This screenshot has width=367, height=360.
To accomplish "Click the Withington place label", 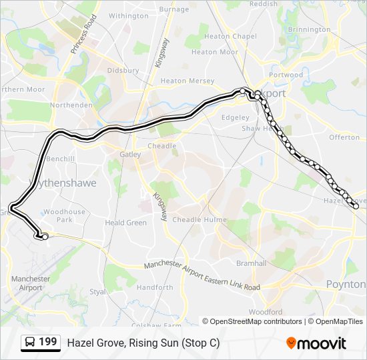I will (128, 15).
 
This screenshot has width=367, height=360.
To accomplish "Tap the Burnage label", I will (175, 9).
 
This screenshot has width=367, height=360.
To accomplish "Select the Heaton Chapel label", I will (230, 36).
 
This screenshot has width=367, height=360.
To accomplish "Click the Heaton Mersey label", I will (188, 81).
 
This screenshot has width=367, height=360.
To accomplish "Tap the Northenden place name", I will (71, 105).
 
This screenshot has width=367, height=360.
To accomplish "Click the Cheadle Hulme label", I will (199, 219).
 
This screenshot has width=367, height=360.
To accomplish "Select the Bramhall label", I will (251, 263).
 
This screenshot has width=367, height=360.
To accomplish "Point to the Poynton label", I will (346, 284).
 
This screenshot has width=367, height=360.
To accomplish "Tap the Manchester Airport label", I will (31, 283).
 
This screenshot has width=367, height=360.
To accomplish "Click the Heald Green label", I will (125, 223).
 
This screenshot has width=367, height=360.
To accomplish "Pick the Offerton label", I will (344, 137).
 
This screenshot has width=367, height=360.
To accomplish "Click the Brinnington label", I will (308, 29).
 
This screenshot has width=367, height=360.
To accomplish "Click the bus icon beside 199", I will (30, 343).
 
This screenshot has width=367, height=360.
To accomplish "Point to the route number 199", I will (47, 342).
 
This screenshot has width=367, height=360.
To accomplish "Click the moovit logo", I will (316, 343).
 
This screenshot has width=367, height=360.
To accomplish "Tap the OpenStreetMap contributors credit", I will (256, 321).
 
